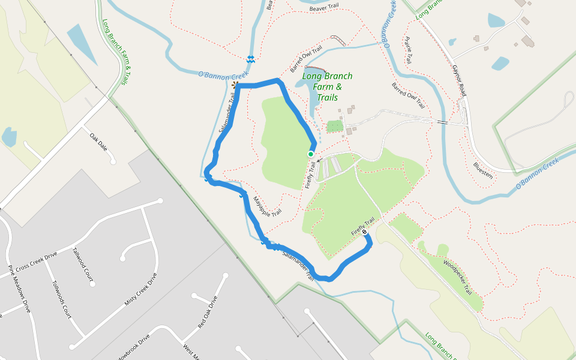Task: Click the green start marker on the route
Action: tap(310, 154)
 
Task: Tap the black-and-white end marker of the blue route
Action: tap(365, 232)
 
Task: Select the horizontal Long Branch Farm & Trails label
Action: tap(328, 86)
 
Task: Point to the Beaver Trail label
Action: tap(325, 8)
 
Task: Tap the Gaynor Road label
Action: tap(459, 81)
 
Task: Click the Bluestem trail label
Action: tap(482, 170)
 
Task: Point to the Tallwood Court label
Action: tap(83, 265)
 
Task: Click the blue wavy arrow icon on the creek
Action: tap(250, 58)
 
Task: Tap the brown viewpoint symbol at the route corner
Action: tap(234, 85)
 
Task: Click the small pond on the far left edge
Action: tap(9, 137)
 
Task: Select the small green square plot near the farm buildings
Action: tap(334, 126)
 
